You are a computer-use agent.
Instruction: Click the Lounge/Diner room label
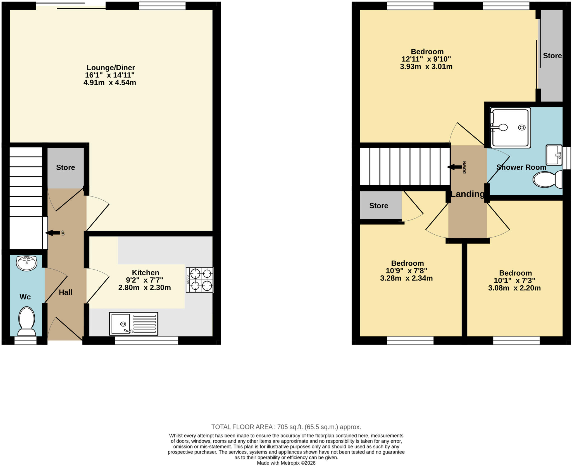tap(111, 68)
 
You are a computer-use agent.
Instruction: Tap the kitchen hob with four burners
tap(199, 280)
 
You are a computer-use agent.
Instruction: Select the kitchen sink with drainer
tap(134, 323)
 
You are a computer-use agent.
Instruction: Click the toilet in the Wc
tap(27, 321)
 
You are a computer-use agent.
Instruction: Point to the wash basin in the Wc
tap(27, 263)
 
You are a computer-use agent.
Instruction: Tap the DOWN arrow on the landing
tap(454, 167)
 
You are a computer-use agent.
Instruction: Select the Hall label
tap(66, 292)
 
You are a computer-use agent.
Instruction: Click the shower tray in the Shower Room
tap(510, 128)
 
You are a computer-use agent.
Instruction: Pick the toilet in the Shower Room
tap(547, 179)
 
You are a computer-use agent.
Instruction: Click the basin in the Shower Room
tap(554, 155)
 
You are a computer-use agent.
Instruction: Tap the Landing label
tap(468, 194)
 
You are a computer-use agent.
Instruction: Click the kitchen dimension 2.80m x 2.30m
tap(144, 287)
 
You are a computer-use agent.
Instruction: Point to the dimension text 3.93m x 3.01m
tap(426, 67)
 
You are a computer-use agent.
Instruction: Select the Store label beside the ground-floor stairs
tap(66, 167)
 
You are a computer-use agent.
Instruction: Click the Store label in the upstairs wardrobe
tap(552, 56)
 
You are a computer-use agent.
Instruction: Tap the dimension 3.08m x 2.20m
tap(514, 288)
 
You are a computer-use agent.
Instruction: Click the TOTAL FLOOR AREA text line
tap(286, 427)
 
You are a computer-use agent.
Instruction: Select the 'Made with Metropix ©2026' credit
tap(286, 463)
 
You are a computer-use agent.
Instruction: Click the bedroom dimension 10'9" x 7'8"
tap(406, 271)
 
